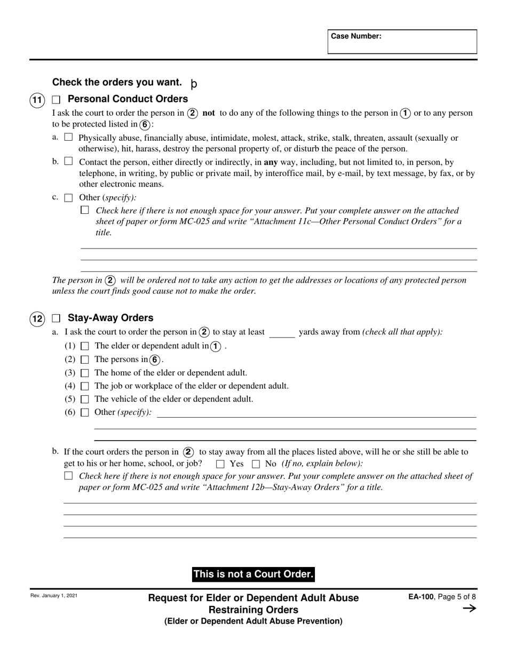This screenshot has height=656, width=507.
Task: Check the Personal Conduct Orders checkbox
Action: pyautogui.click(x=57, y=100)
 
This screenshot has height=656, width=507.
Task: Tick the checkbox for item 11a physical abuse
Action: pyautogui.click(x=68, y=137)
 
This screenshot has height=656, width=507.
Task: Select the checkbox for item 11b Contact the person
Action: pyautogui.click(x=68, y=161)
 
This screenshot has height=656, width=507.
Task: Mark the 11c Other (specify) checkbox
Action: pyautogui.click(x=68, y=198)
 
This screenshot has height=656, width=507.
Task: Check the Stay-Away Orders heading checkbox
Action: pyautogui.click(x=57, y=318)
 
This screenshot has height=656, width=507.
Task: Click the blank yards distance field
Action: pyautogui.click(x=282, y=333)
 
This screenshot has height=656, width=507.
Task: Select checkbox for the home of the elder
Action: pyautogui.click(x=84, y=373)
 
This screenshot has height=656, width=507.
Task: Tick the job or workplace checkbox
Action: pyautogui.click(x=84, y=386)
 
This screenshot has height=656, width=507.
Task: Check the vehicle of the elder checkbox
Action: pyautogui.click(x=84, y=399)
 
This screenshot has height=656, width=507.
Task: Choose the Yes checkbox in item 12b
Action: pyautogui.click(x=220, y=464)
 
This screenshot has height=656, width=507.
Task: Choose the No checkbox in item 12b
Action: pyautogui.click(x=256, y=464)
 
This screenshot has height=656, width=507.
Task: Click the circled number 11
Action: pyautogui.click(x=37, y=100)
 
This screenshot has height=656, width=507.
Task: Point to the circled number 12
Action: pyautogui.click(x=37, y=319)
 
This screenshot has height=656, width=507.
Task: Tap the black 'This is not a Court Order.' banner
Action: pyautogui.click(x=253, y=574)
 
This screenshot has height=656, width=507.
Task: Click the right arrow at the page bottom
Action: pyautogui.click(x=469, y=609)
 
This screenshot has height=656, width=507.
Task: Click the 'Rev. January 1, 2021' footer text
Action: pyautogui.click(x=53, y=596)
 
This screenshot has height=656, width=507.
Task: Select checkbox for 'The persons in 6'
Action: pyautogui.click(x=84, y=360)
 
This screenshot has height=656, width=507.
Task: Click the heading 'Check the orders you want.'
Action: pyautogui.click(x=117, y=82)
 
